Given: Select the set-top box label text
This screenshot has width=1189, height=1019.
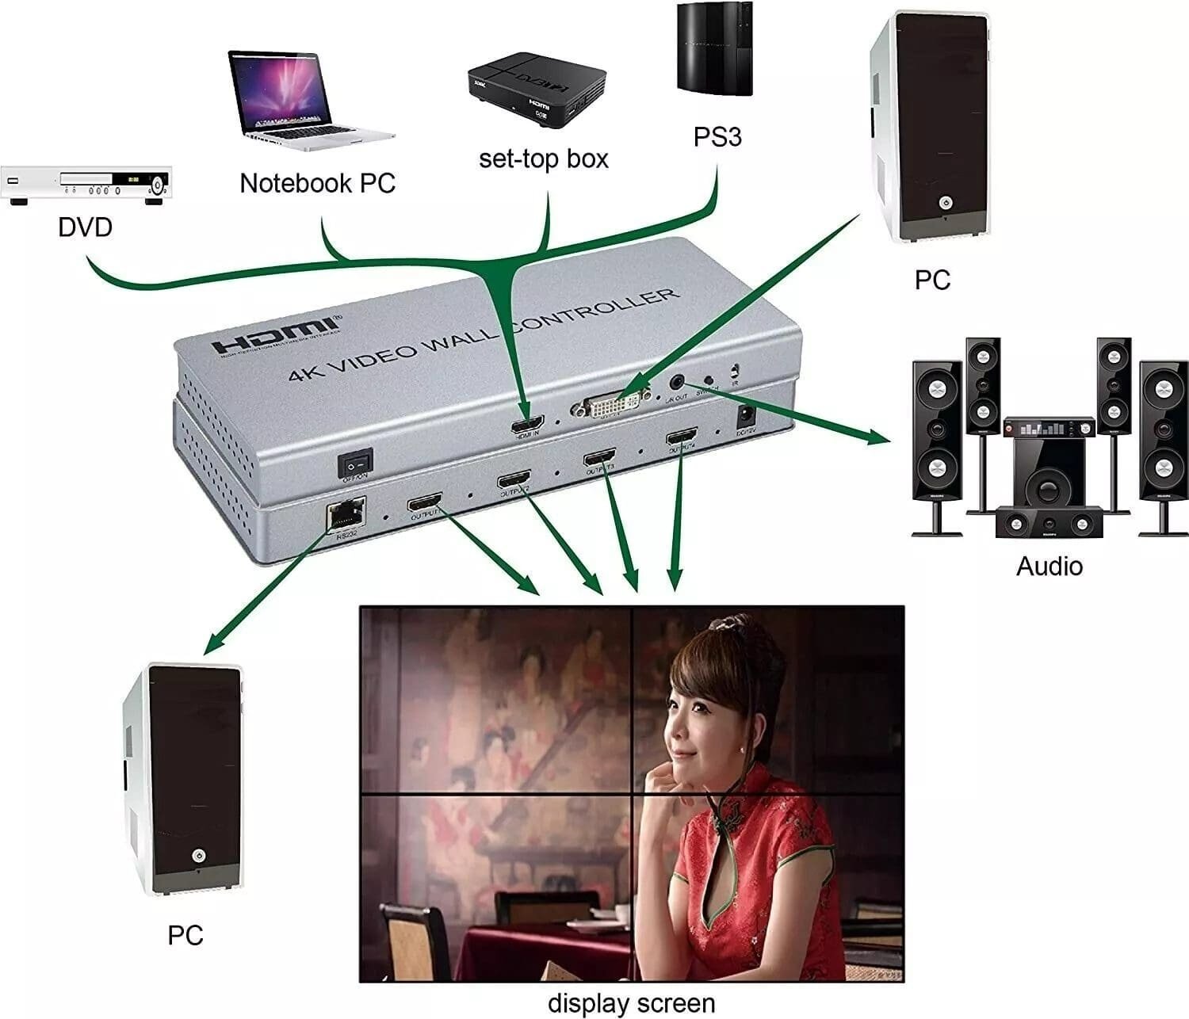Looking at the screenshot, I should point(544,158).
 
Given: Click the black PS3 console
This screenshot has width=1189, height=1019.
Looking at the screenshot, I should point(714,49).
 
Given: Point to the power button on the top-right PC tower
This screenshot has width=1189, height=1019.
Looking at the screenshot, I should point(943,202).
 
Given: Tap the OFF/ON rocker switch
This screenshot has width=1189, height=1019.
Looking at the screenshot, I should point(354,463).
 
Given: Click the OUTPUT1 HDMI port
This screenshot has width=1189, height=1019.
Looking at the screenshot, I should point(424,504).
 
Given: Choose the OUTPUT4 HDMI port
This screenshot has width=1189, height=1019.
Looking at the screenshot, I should point(682,437).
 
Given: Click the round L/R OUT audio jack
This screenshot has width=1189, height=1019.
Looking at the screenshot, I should point(677,384).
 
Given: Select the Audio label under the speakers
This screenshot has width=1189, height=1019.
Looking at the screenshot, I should point(1049,566).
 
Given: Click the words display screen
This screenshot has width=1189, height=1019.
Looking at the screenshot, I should point(631,1003).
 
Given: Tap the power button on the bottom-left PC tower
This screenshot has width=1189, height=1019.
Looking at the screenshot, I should point(197,857).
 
